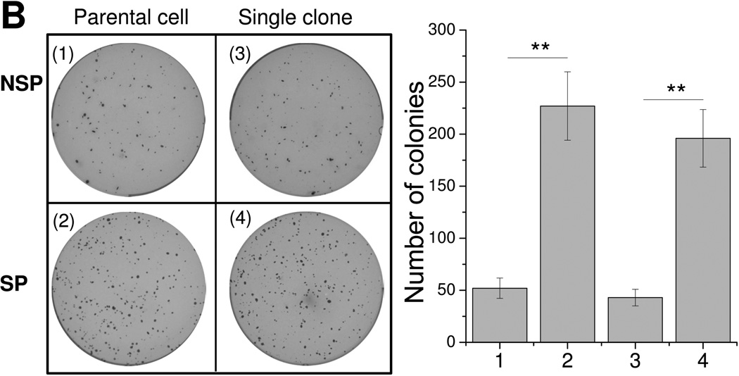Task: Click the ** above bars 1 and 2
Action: (x=540, y=48)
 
